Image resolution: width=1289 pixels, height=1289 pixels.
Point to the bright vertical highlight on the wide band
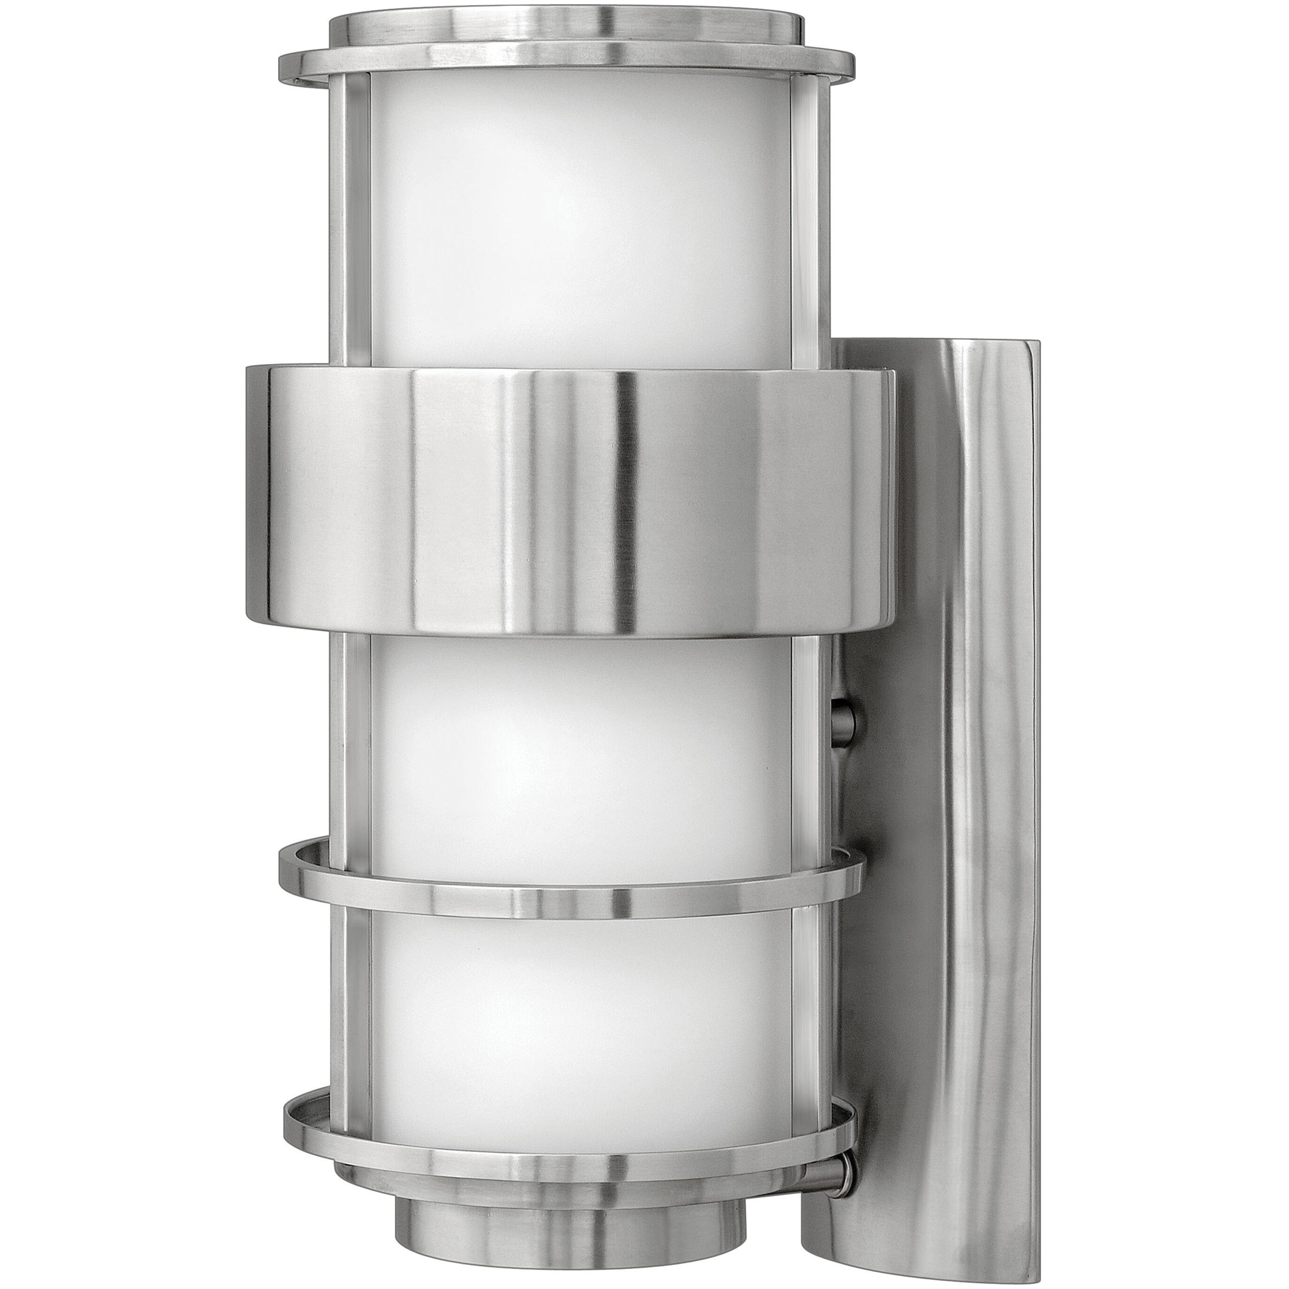pos(627,500)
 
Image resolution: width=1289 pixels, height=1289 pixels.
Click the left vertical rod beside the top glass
pos(350,220)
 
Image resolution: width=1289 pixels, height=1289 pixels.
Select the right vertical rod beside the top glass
pos(808,220)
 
